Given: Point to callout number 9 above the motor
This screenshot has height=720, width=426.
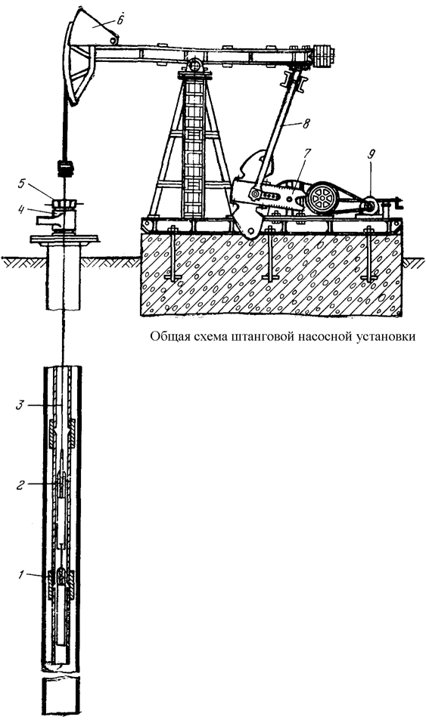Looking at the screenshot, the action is (x=371, y=153).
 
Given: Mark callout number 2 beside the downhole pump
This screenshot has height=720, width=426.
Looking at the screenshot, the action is (x=20, y=485).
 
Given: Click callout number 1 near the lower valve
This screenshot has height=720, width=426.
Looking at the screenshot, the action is (x=20, y=574).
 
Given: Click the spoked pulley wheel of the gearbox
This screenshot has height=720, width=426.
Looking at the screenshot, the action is (x=322, y=199).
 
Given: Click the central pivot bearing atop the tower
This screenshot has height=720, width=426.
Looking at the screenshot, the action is (x=195, y=65).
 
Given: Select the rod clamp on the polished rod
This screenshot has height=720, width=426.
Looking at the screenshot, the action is (x=65, y=168).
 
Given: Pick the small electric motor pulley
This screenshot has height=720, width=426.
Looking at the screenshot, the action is (x=368, y=207).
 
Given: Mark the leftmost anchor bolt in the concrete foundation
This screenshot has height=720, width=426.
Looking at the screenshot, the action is (x=173, y=254).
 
